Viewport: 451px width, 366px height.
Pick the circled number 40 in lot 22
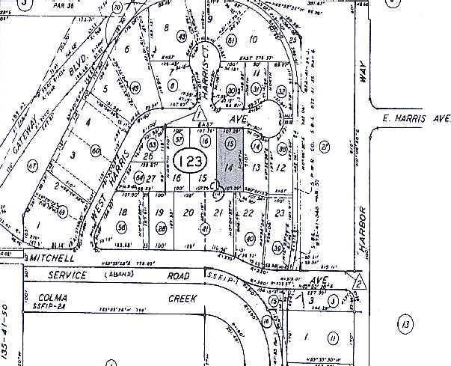[x=250, y=239]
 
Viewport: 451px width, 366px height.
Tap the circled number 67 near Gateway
[x=32, y=164]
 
